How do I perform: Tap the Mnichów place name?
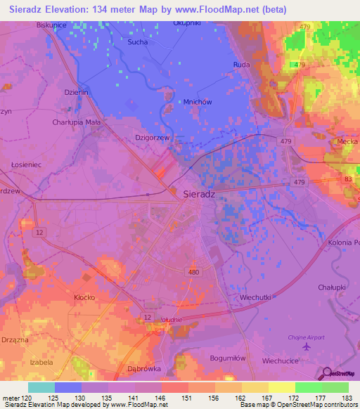(x=198, y=102)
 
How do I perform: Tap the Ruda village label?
(x=241, y=64)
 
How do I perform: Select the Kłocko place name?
(x=84, y=297)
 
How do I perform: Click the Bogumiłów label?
(x=228, y=358)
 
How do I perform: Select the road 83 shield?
(x=348, y=180)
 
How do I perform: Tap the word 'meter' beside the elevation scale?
(x=11, y=398)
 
